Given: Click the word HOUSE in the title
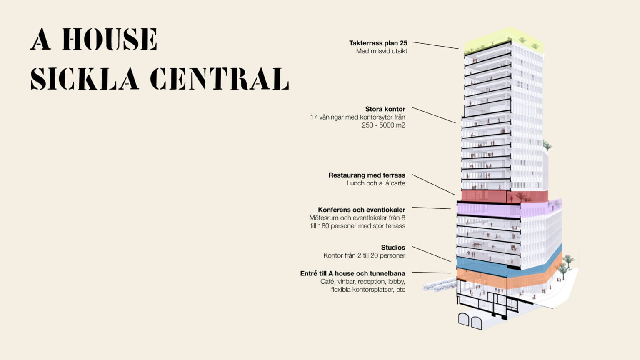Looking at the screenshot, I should pyautogui.click(x=110, y=40).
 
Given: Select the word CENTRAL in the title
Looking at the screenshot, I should pyautogui.click(x=219, y=79).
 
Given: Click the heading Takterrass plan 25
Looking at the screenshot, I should pyautogui.click(x=378, y=43).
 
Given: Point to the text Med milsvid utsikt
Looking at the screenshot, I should pyautogui.click(x=381, y=51).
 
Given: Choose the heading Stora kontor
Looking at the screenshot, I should pyautogui.click(x=385, y=109).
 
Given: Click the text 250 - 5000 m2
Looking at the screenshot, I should pyautogui.click(x=383, y=125).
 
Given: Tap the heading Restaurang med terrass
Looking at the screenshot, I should pyautogui.click(x=367, y=175).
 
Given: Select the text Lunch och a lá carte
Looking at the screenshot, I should pyautogui.click(x=376, y=183).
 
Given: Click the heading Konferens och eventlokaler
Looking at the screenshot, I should pyautogui.click(x=361, y=210).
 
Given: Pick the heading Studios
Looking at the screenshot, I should pyautogui.click(x=393, y=247).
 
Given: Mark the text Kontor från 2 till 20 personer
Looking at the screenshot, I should pyautogui.click(x=364, y=255).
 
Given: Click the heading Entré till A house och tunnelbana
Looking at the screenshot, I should pyautogui.click(x=352, y=273).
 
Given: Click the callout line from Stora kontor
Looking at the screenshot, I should pyautogui.click(x=433, y=115).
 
